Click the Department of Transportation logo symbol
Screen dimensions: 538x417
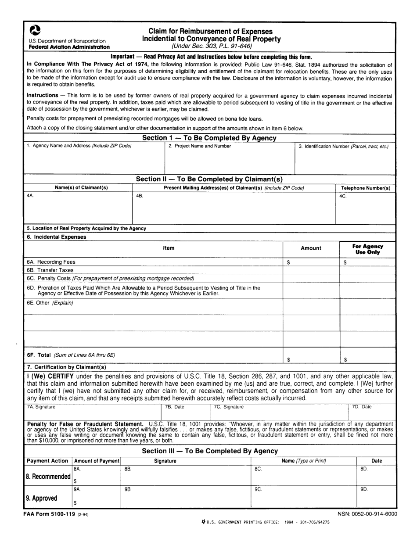[x=35, y=30]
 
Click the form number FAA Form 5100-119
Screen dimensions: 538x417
[x=52, y=513]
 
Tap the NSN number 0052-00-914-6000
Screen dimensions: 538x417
[x=367, y=513]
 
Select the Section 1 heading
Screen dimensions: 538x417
[x=209, y=138]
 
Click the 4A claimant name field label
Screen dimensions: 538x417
[x=30, y=196]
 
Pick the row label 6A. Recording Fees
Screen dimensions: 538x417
[x=51, y=262]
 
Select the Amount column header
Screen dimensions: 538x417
[x=311, y=248]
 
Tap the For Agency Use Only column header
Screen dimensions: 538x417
[x=367, y=249]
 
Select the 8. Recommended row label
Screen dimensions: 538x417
[x=48, y=477]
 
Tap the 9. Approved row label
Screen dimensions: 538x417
[x=42, y=498]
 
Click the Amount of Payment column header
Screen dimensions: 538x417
[x=97, y=461]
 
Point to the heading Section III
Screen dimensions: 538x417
[x=210, y=451]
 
